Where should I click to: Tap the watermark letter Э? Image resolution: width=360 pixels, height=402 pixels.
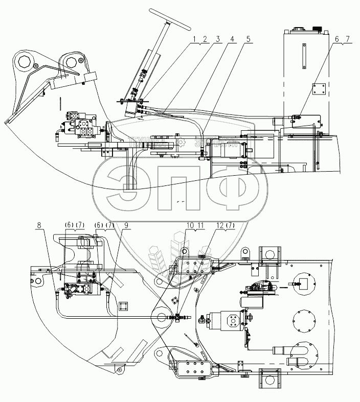click(x=127, y=186)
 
